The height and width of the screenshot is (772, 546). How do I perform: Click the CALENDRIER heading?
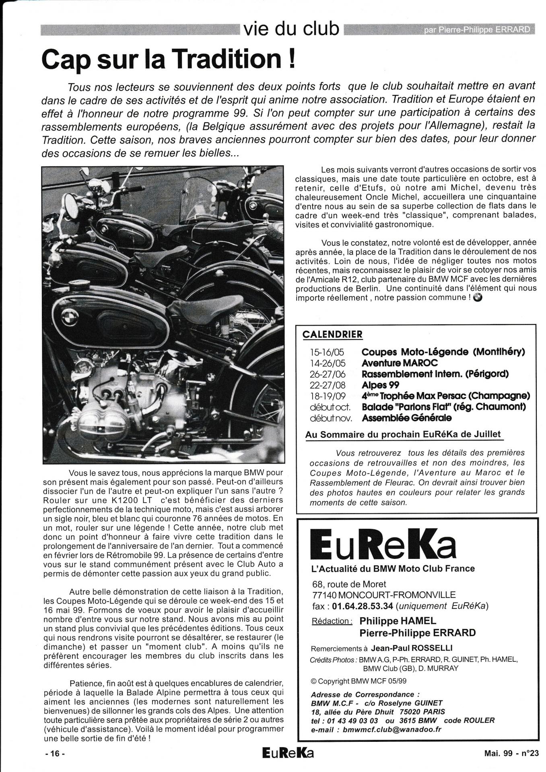332,334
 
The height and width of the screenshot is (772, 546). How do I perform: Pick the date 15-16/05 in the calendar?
327,352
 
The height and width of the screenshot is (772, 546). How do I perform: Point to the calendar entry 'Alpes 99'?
380,385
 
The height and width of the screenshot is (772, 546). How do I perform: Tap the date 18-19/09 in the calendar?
327,396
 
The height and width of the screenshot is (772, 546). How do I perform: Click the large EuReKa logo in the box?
383,545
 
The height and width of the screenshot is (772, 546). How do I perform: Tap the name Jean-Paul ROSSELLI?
406,649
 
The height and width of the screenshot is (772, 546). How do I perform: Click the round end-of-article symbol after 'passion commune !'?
478,298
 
